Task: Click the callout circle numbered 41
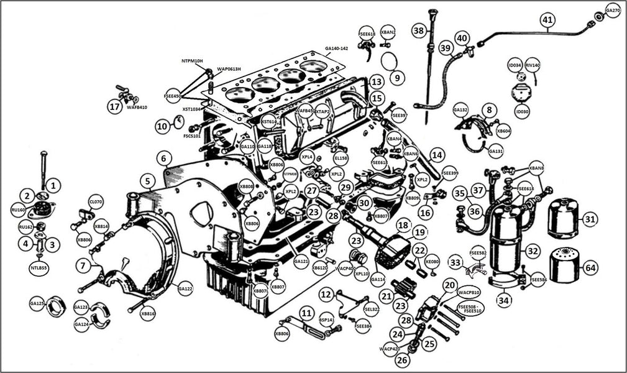click(x=547, y=20)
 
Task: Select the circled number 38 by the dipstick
click(x=419, y=30)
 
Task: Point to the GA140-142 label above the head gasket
click(x=336, y=48)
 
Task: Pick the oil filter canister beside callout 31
click(x=563, y=218)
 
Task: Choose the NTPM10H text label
click(x=193, y=61)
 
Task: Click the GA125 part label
click(x=37, y=303)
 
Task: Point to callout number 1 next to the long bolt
click(x=54, y=185)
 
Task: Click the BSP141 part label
click(x=327, y=320)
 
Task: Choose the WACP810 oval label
click(x=469, y=292)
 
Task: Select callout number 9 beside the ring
click(x=397, y=79)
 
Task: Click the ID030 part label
click(x=521, y=111)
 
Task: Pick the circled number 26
click(x=403, y=359)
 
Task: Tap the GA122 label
click(x=185, y=288)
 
